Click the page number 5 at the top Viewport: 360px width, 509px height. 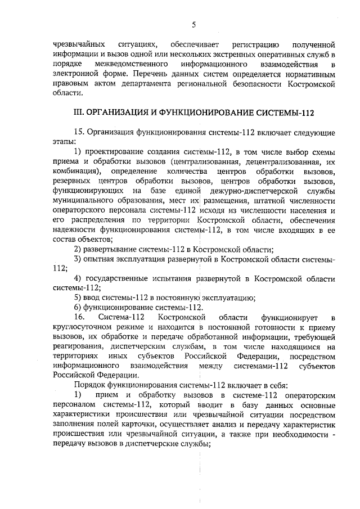point(193,24)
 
